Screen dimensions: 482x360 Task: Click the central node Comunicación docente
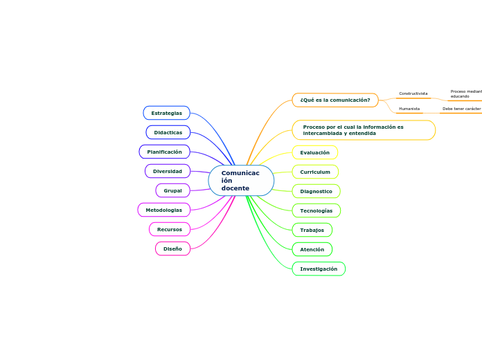(241, 180)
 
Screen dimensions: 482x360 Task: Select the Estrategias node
(166, 113)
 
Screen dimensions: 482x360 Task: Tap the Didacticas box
(168, 132)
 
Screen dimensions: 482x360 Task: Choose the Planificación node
(164, 152)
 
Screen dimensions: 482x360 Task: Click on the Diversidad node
(168, 171)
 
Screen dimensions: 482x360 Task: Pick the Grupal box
(172, 190)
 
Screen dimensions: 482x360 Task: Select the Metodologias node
(164, 210)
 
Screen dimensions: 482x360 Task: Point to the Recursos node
(170, 229)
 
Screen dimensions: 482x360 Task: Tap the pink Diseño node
(172, 249)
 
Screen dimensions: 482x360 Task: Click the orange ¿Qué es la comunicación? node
(335, 100)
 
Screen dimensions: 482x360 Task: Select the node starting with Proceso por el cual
(364, 130)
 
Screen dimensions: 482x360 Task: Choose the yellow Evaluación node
(315, 152)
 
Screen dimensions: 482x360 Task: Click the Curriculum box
(315, 172)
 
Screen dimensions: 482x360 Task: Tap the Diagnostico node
(316, 191)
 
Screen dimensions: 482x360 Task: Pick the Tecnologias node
(316, 210)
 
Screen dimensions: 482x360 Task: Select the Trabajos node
(312, 230)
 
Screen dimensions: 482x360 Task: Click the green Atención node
(312, 249)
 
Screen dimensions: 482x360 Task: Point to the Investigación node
(319, 269)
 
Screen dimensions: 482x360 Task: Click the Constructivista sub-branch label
(413, 93)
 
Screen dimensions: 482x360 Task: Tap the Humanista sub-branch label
(410, 109)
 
